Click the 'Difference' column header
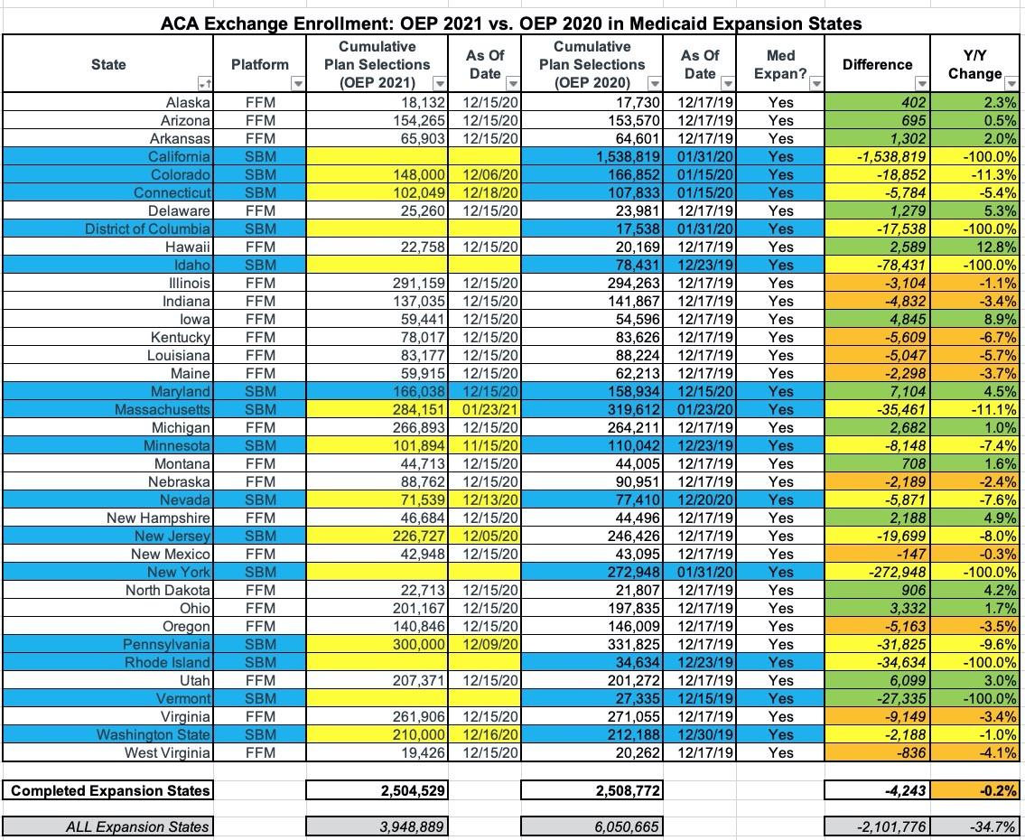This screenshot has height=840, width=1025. tap(877, 64)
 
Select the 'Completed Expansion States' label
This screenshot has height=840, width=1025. tap(109, 790)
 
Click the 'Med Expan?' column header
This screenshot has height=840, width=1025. tap(779, 64)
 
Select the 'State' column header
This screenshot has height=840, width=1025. tap(108, 64)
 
